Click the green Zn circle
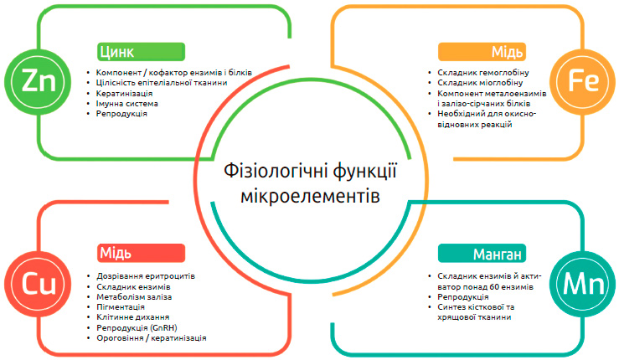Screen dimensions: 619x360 [38, 82]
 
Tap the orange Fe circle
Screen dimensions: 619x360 [583, 82]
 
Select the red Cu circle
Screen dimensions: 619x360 [38, 284]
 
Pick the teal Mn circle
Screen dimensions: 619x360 [583, 284]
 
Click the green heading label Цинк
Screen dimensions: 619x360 [141, 52]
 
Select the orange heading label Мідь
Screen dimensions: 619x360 [482, 52]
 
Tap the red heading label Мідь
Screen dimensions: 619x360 [141, 253]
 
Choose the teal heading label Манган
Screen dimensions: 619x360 [482, 253]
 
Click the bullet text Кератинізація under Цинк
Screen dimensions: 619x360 [124, 94]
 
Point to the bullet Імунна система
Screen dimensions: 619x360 [126, 104]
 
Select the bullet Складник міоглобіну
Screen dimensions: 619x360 [480, 83]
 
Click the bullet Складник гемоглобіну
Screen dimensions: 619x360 [483, 73]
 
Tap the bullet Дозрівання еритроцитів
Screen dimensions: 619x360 [146, 276]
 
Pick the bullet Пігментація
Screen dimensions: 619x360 [121, 307]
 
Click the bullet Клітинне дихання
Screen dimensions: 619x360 [132, 317]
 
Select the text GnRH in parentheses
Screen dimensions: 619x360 [163, 327]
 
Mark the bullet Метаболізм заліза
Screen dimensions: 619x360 [134, 297]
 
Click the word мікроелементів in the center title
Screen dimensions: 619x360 [310, 196]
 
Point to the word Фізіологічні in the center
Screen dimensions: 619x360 [276, 172]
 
